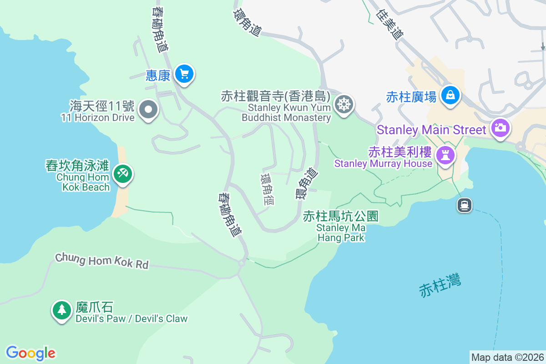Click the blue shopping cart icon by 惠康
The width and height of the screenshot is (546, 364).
pos(184,73)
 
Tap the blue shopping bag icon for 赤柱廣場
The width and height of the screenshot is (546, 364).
pos(450,94)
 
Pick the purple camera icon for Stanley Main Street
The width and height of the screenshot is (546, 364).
pos(500,128)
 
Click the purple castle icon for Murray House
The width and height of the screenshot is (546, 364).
pos(445,155)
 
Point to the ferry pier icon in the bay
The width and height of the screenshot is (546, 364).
pos(465,205)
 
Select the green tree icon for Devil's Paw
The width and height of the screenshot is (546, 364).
pos(61,310)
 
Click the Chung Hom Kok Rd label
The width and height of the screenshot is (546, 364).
pos(102,261)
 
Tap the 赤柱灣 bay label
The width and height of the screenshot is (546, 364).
pos(440,285)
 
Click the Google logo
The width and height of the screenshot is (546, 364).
pos(30,353)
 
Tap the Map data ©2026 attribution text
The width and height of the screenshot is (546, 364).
pos(507,357)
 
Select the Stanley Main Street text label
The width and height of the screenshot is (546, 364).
pos(431,130)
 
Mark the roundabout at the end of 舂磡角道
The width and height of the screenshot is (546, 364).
pos(242,263)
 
